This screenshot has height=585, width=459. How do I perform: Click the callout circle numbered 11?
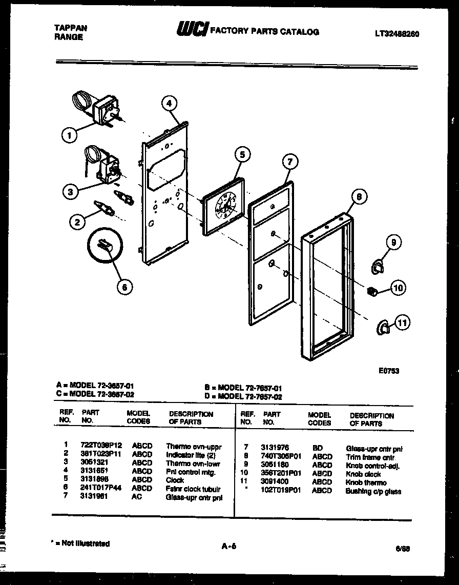click(x=403, y=322)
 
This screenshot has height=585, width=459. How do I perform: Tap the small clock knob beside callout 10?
click(x=373, y=291)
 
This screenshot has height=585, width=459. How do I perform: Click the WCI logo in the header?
click(x=192, y=30)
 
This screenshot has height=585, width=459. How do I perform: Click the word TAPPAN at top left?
click(x=70, y=28)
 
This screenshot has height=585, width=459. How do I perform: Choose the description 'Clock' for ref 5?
click(x=175, y=480)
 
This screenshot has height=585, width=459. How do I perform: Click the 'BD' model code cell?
click(x=317, y=448)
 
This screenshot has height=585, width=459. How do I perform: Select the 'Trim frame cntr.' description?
click(x=370, y=457)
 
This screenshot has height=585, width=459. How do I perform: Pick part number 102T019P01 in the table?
click(x=281, y=491)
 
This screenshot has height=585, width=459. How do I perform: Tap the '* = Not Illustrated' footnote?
click(x=81, y=543)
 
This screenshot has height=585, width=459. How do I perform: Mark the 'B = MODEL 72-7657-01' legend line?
click(x=243, y=389)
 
